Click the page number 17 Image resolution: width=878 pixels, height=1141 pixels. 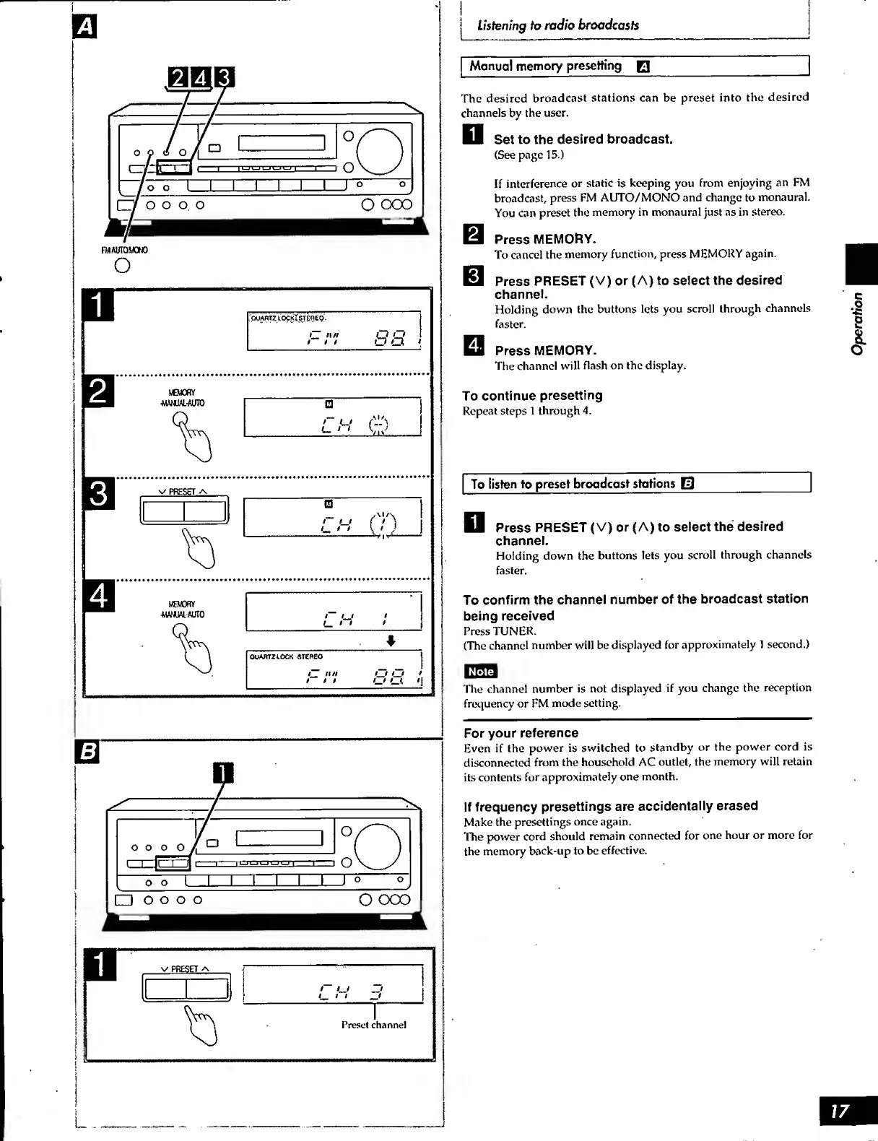[840, 1111]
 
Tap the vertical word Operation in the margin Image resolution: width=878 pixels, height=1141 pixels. [857, 323]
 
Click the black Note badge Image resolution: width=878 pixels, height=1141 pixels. [480, 672]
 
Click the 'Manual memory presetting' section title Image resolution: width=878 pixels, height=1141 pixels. [545, 66]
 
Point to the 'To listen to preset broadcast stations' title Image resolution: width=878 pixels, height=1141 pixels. [573, 484]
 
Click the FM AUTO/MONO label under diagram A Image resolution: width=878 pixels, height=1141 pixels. [124, 250]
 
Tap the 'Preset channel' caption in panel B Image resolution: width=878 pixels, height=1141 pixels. [373, 1025]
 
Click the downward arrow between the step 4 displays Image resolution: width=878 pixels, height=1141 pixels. [391, 641]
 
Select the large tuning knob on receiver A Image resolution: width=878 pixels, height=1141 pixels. [379, 152]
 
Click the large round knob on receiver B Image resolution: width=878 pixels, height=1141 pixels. [377, 847]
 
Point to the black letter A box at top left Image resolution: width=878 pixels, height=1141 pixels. [85, 27]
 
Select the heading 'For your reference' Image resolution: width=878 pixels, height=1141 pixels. [521, 733]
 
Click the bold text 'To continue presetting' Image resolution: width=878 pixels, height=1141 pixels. [532, 396]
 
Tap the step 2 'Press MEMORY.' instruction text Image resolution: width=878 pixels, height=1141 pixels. [545, 239]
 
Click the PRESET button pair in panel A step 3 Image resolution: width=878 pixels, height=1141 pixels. [184, 511]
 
